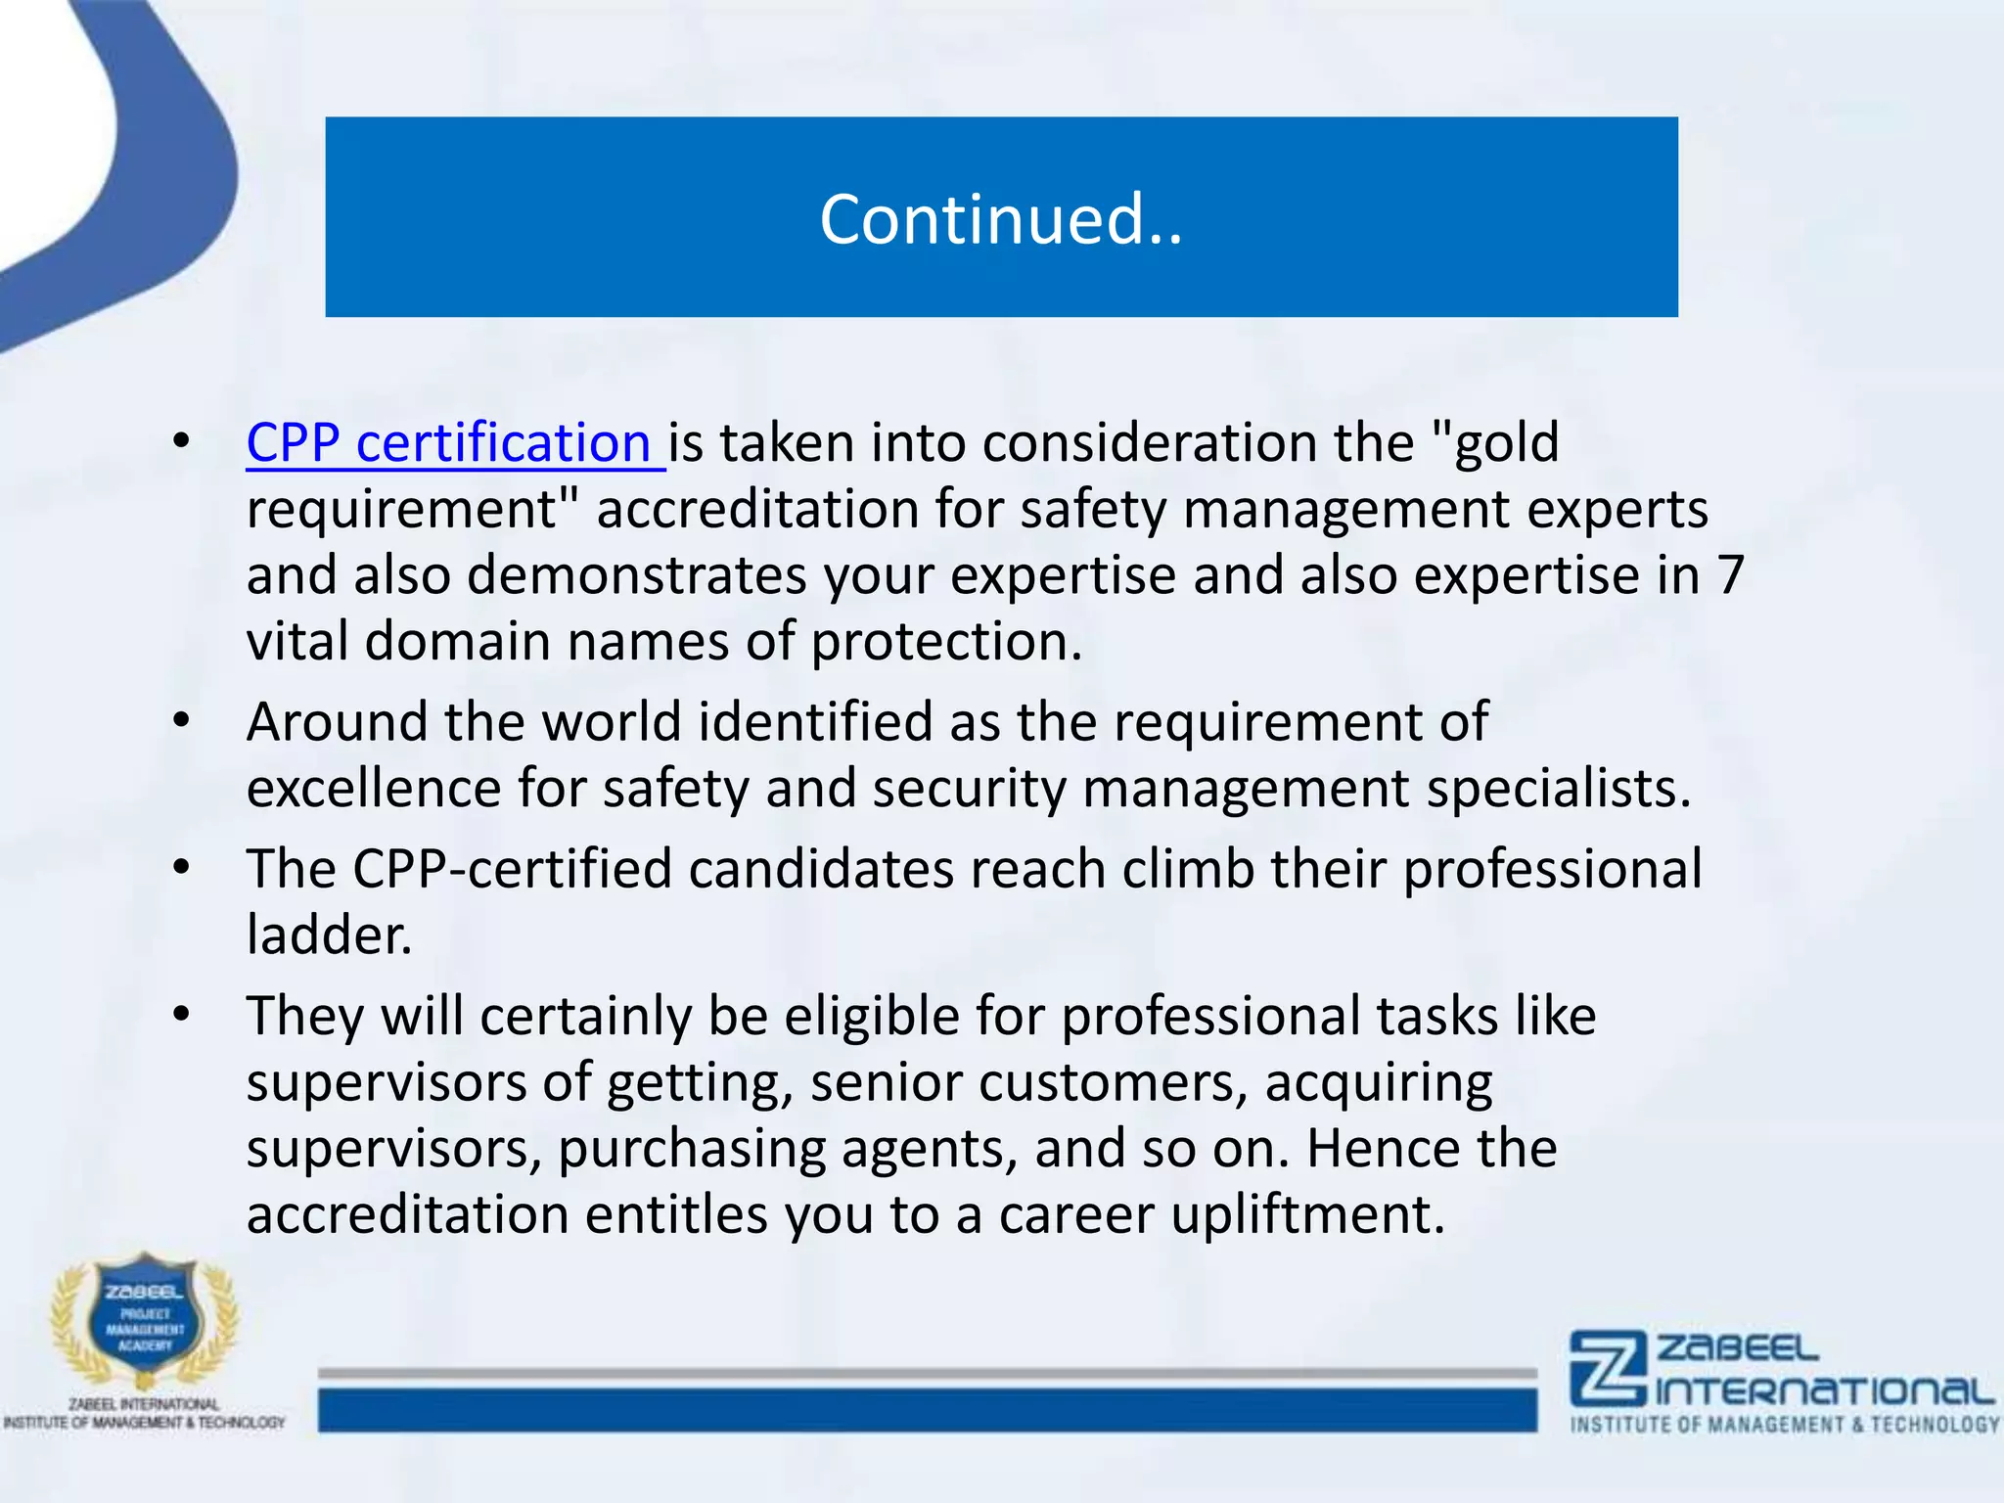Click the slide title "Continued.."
click(x=1001, y=219)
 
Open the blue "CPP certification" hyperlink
click(x=448, y=443)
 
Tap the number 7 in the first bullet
click(x=1730, y=574)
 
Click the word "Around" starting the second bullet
click(x=337, y=722)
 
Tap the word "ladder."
click(x=329, y=935)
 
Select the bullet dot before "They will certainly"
click(x=181, y=1016)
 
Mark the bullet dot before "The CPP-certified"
click(x=181, y=869)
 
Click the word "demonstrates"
click(x=636, y=575)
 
